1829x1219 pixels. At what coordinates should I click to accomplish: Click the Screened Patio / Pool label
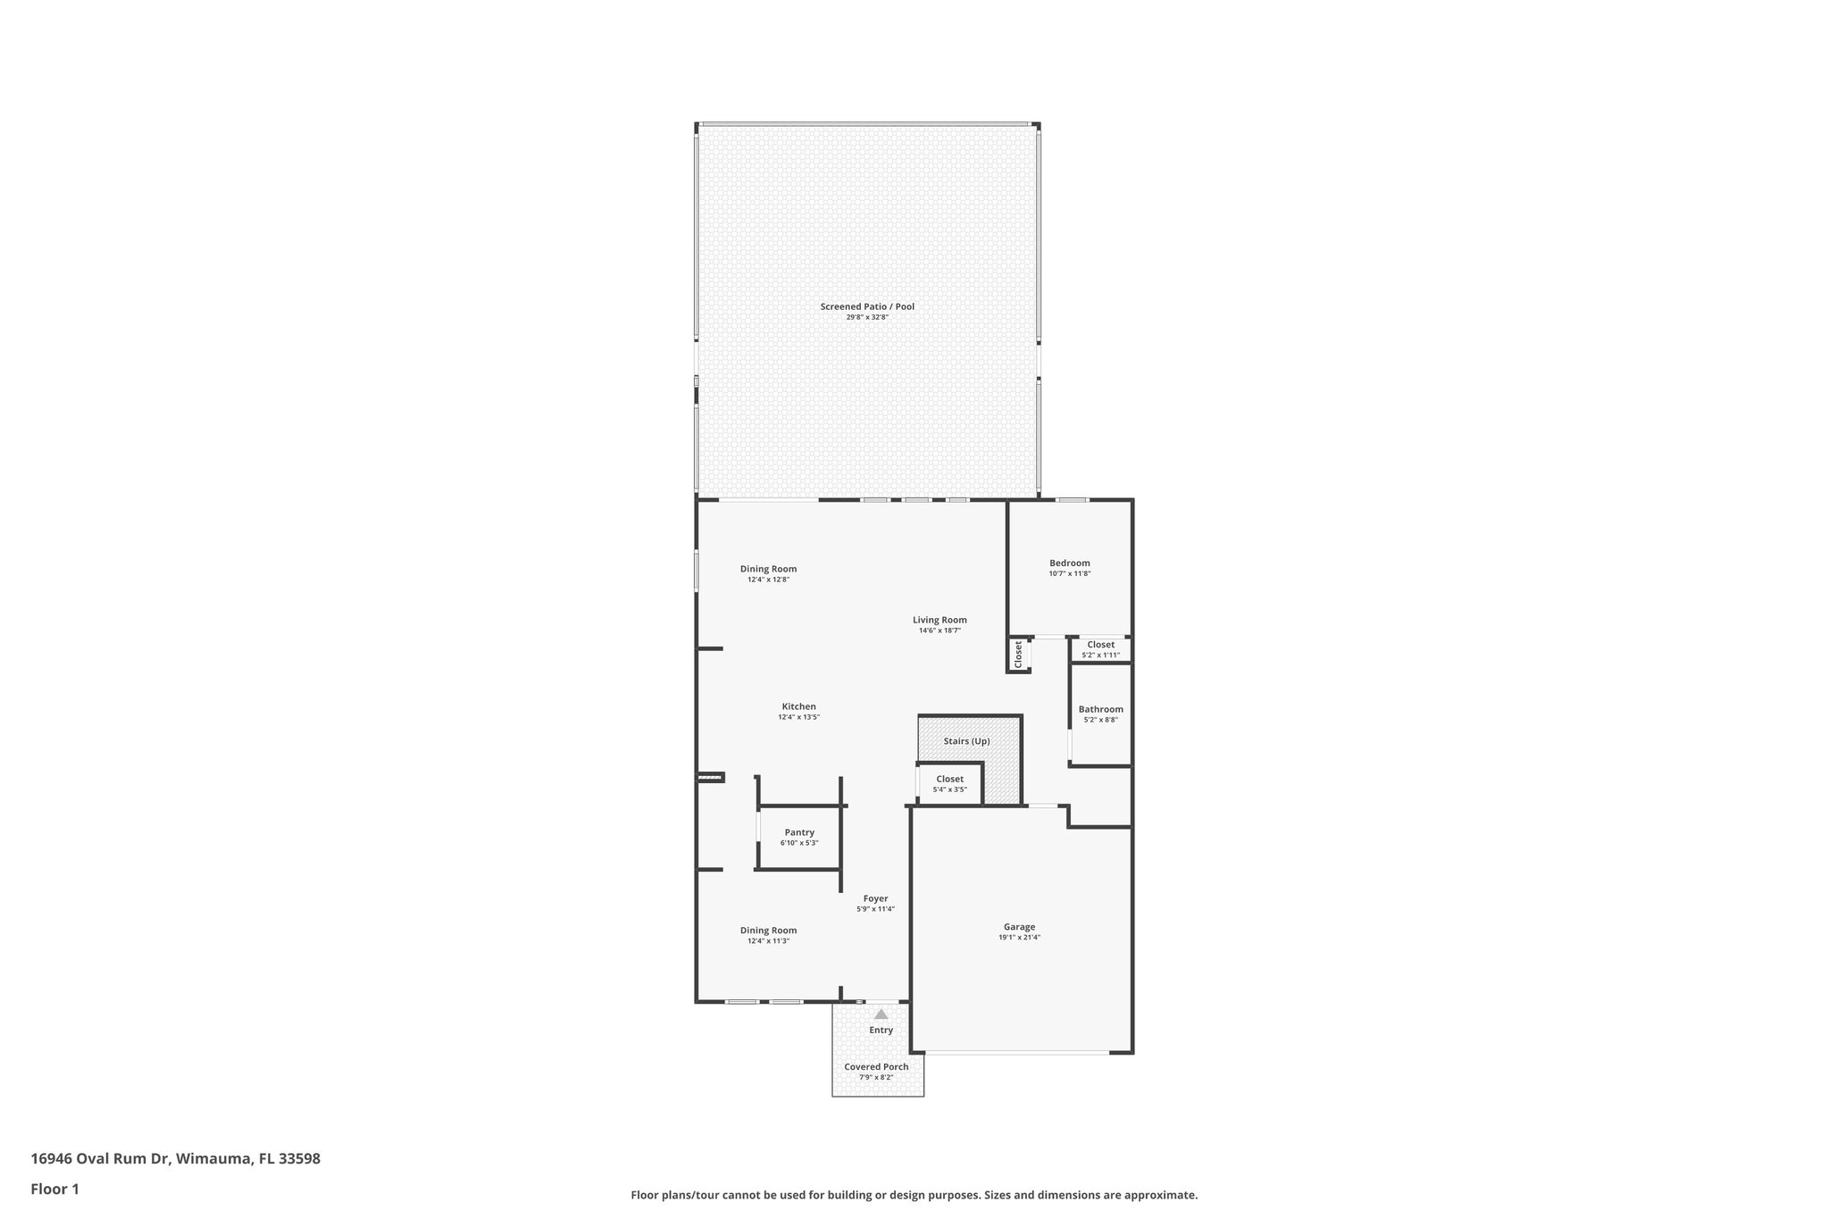(867, 307)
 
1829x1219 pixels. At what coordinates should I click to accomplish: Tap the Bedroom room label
(1069, 564)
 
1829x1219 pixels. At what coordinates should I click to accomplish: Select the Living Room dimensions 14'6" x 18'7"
(940, 630)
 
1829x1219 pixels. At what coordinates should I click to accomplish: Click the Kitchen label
(798, 706)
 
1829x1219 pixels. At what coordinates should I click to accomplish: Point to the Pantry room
(799, 837)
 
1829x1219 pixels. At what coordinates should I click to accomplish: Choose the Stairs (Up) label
(966, 741)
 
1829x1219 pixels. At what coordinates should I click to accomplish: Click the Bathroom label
(1100, 709)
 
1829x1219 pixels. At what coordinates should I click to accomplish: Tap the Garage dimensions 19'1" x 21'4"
(1019, 938)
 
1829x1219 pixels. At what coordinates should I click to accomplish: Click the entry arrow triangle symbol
(881, 1014)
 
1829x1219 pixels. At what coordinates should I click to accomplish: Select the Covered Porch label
(876, 1066)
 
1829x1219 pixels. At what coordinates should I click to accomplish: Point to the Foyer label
(875, 898)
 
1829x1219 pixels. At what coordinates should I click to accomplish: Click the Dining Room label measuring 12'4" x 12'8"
(768, 569)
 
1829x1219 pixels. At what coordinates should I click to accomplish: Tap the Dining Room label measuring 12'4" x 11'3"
(768, 930)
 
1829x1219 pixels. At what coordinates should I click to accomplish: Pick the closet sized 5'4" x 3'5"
(949, 783)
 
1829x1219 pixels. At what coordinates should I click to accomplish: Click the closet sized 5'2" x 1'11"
(1100, 649)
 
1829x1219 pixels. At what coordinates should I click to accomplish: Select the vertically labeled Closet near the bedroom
(1018, 654)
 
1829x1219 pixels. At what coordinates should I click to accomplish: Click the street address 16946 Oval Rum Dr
(175, 1159)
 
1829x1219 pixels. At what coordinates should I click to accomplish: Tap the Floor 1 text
(55, 1189)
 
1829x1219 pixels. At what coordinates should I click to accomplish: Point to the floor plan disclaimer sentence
(914, 1195)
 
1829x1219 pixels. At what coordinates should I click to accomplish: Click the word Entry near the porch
(881, 1031)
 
